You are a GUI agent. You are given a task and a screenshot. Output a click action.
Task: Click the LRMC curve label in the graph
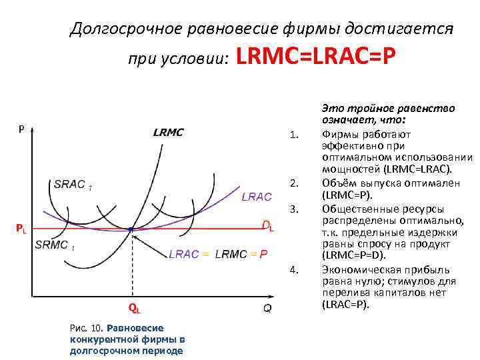[x=168, y=132]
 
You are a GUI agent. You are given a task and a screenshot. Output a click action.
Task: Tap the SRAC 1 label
[x=73, y=185]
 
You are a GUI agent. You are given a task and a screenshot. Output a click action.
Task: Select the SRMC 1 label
[x=55, y=245]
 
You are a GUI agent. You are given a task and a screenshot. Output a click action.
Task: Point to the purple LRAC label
[x=256, y=197]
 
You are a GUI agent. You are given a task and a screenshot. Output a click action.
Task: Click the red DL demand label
[x=267, y=227]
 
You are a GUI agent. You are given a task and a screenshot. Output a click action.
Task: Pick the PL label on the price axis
[x=21, y=230]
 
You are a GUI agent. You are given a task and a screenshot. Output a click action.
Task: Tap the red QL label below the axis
[x=134, y=308]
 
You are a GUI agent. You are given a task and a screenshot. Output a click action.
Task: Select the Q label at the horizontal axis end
[x=267, y=308]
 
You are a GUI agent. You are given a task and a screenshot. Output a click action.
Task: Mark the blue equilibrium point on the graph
[x=131, y=229]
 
